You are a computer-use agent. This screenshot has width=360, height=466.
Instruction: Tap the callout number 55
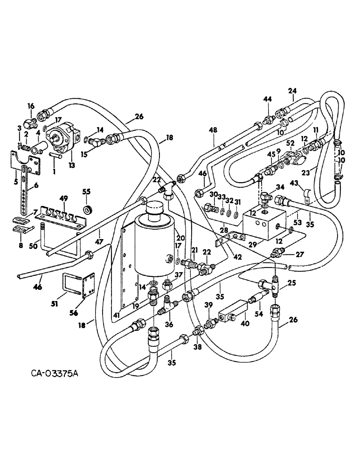pyautogui.click(x=86, y=192)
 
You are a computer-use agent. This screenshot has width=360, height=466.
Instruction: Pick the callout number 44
pyautogui.click(x=267, y=99)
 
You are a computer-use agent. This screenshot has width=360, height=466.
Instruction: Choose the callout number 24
pyautogui.click(x=292, y=91)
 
